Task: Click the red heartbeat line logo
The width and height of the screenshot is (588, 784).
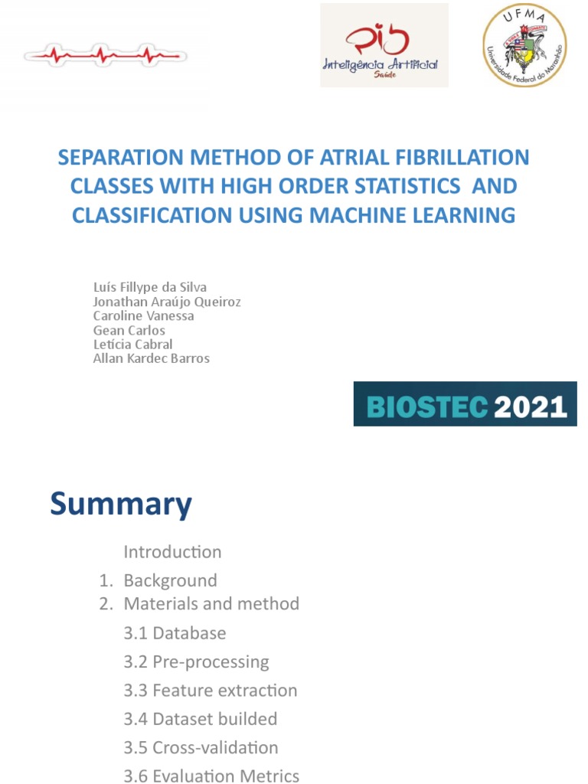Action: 106,54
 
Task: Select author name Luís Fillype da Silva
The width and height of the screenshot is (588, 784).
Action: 150,287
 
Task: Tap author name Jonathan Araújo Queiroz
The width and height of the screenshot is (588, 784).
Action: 167,302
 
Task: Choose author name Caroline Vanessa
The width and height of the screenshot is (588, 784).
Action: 143,315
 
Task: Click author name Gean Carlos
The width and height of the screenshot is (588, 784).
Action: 129,330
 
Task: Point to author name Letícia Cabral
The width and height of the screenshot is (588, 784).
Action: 132,344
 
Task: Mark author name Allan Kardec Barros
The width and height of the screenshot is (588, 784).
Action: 151,358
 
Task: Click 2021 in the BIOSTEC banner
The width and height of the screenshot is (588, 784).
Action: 530,406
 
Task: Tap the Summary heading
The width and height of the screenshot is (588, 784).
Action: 121,505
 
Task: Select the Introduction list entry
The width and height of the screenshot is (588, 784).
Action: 172,552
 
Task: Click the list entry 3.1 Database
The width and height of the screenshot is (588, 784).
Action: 175,633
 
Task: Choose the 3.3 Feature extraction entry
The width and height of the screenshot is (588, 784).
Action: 210,691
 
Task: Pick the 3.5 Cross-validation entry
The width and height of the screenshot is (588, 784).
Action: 201,747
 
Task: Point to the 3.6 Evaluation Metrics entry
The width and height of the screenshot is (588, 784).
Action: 211,776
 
